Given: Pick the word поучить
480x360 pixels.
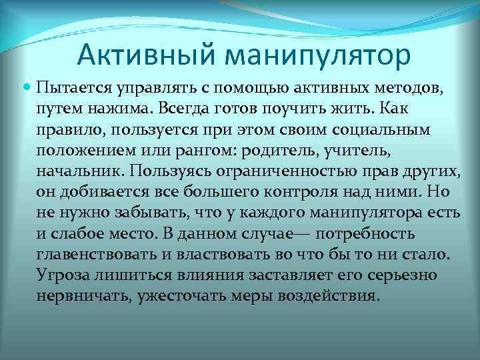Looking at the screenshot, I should (284, 107).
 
